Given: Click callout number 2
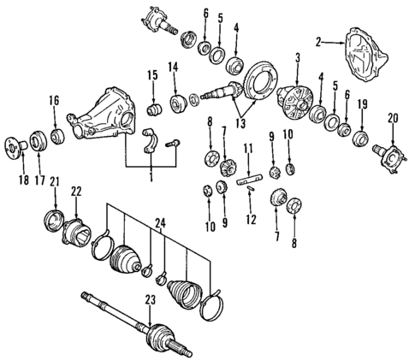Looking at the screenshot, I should point(318,40).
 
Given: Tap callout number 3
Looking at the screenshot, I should point(297,58).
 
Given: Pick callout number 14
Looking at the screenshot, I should point(173,67).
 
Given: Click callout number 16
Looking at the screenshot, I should point(55,101).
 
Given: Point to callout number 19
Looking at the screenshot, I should point(361,103).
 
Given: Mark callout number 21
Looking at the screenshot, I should point(54,181).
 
